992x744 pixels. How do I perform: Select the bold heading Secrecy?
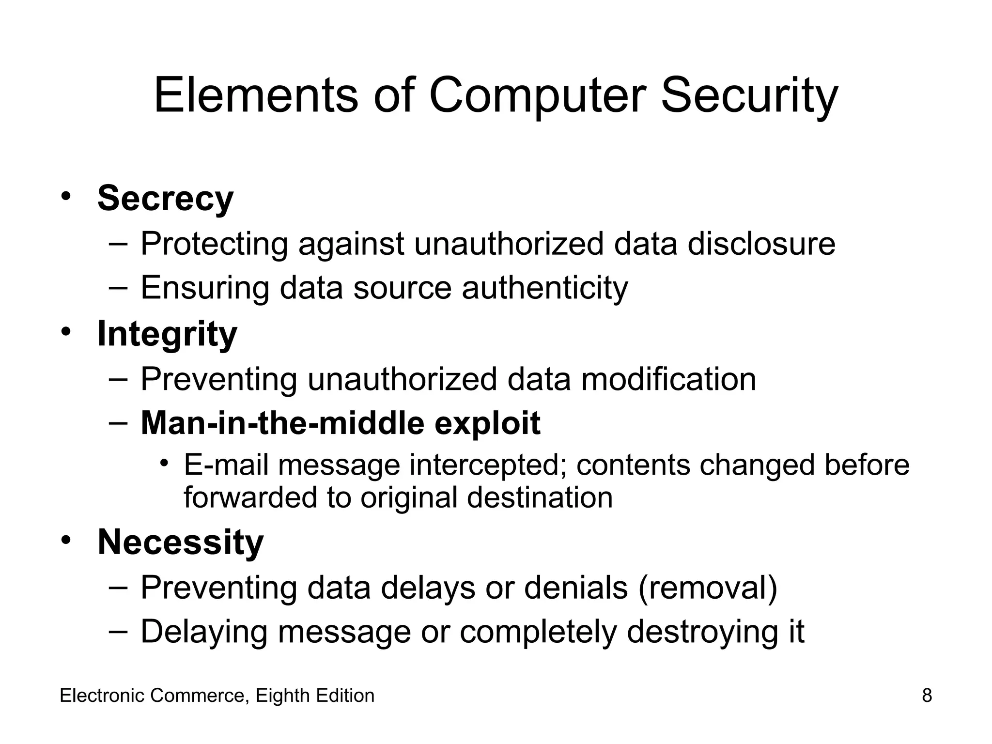[x=165, y=198]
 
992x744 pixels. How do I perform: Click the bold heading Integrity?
[x=167, y=334]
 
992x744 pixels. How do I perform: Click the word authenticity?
[x=544, y=288]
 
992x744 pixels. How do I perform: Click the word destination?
[x=540, y=497]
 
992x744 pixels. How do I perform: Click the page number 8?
[x=927, y=696]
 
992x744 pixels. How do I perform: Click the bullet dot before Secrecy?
[x=66, y=196]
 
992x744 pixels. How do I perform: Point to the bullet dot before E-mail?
[x=165, y=464]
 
